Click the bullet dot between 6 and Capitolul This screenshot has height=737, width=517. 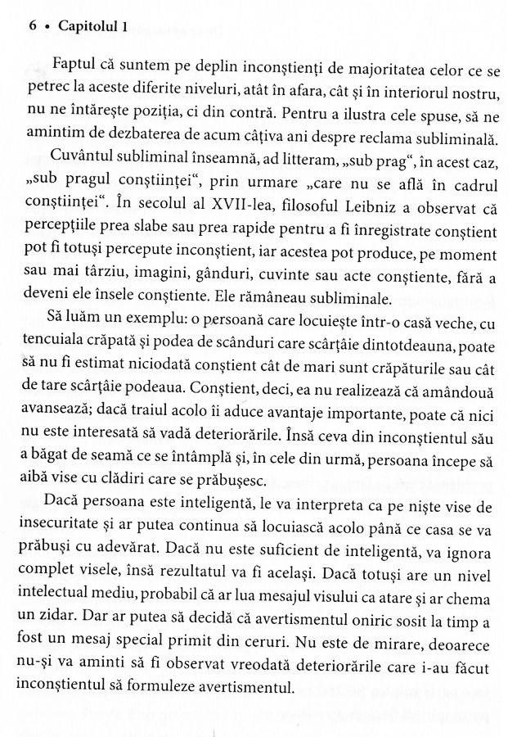[49, 26]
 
